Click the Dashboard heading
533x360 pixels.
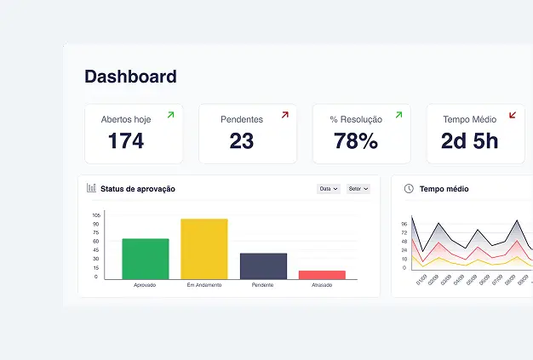pos(130,77)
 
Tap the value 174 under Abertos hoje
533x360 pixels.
pos(126,141)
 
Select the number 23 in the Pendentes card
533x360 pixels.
pos(242,141)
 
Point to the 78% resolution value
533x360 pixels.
pos(356,141)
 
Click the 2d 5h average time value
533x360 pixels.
pos(469,141)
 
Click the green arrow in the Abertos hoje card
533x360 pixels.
pos(170,115)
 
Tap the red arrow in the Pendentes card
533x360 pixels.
pos(285,115)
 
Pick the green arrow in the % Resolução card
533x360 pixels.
pos(398,115)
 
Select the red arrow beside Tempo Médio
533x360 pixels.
pos(513,115)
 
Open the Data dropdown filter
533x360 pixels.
pos(329,189)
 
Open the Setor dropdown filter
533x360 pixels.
pos(358,189)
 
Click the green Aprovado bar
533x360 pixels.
pos(146,258)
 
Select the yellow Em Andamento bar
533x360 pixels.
pos(204,249)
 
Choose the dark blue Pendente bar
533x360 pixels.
pos(263,266)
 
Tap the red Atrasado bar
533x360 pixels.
pos(322,274)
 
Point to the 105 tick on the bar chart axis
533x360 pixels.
pos(96,215)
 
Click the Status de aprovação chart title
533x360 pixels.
pos(138,189)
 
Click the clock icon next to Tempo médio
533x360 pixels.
pos(409,188)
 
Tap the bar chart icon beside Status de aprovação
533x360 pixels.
pos(91,188)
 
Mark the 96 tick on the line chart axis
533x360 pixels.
pos(404,224)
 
